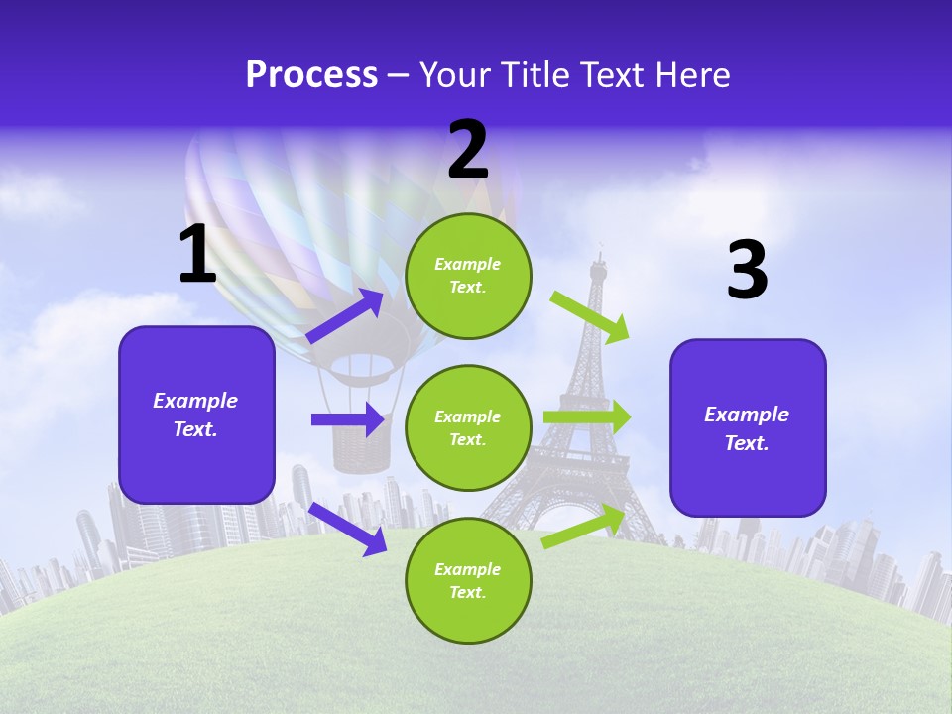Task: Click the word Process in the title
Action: coord(311,75)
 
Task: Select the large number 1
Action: coord(197,254)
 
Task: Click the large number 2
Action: coord(468,150)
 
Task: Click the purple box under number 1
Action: coord(196,415)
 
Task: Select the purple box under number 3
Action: coord(748,428)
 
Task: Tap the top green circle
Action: coord(468,276)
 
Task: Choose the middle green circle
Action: coord(468,428)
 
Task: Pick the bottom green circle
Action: coord(468,581)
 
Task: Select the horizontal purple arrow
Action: coord(347,419)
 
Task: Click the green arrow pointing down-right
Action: coord(590,316)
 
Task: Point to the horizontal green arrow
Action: coord(587,417)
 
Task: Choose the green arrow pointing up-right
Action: coord(584,526)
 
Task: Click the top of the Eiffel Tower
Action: coord(598,260)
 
